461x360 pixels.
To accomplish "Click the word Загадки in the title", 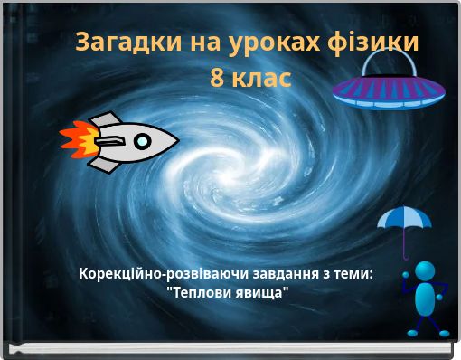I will [x=118, y=42].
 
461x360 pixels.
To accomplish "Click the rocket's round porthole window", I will [x=142, y=141].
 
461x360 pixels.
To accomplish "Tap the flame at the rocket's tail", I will [x=77, y=142].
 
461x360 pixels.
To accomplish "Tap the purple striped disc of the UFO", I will [x=388, y=90].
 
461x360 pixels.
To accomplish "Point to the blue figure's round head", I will [x=425, y=270].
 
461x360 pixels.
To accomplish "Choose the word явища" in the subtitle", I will [x=263, y=292].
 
